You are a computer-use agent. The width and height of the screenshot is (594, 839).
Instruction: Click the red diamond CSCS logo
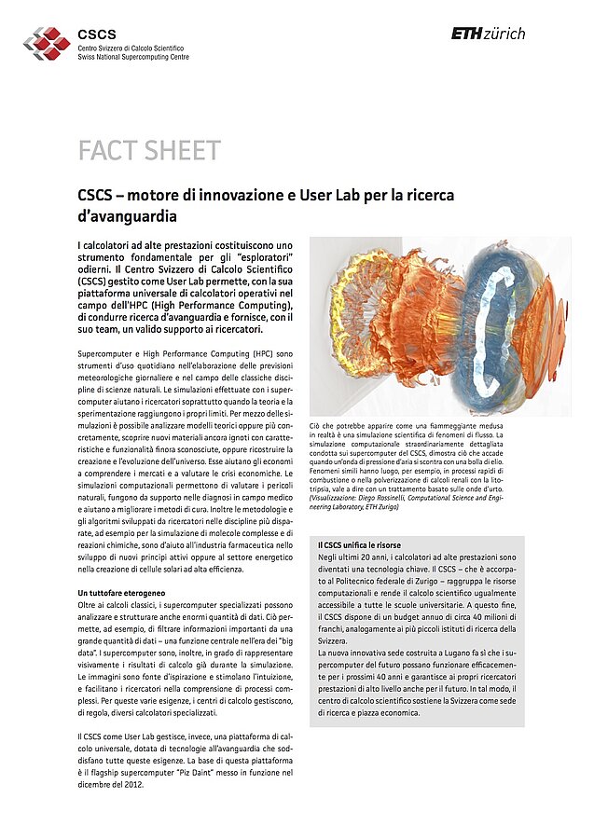[x=47, y=43]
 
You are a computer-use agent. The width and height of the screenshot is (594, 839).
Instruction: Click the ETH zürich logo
[x=488, y=34]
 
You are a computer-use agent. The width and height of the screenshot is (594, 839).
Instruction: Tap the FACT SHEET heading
[x=149, y=151]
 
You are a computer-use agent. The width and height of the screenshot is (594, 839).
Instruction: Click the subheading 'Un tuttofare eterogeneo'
[x=121, y=593]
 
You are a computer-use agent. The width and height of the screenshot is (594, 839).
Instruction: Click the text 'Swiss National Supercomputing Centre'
[x=133, y=57]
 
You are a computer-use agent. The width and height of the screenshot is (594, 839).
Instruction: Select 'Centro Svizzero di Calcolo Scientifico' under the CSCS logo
[x=131, y=48]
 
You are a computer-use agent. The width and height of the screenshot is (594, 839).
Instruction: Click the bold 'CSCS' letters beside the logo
[x=97, y=34]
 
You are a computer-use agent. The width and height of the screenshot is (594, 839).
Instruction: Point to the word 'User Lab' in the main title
[x=375, y=197]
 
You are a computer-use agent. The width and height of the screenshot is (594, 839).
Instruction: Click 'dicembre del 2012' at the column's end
[x=111, y=784]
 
